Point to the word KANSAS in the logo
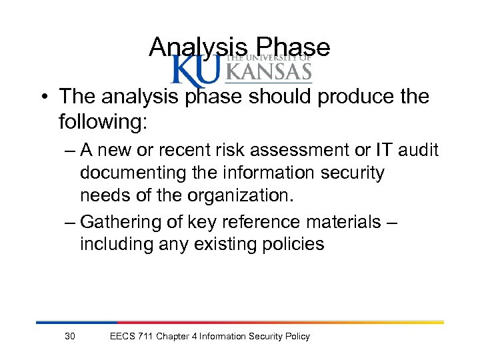270,71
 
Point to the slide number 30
70,336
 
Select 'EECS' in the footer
122,336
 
